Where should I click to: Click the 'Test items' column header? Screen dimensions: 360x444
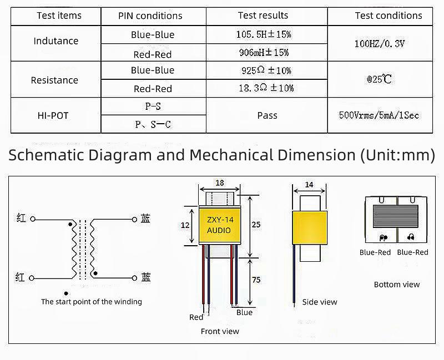(59, 16)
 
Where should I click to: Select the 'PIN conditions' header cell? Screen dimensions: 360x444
(150, 16)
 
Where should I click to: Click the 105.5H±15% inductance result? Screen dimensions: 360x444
(264, 34)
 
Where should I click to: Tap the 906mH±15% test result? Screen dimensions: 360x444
(264, 53)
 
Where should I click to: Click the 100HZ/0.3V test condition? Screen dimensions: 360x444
(380, 43)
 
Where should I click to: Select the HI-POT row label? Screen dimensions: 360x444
(54, 115)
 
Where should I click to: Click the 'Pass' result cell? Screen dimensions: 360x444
(267, 115)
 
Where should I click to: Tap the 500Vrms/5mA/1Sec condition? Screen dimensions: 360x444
(379, 115)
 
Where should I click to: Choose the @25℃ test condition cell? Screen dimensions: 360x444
(379, 79)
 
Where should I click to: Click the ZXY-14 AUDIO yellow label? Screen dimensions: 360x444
(219, 225)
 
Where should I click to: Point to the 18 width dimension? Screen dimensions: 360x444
(219, 182)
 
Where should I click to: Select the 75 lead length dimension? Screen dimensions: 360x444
(256, 280)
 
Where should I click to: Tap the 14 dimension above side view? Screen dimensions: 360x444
(309, 184)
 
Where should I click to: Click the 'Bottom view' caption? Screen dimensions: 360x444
(397, 285)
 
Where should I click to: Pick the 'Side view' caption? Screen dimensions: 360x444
(320, 302)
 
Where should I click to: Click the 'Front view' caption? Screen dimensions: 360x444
(220, 331)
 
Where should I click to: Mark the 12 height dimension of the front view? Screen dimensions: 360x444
(186, 225)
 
